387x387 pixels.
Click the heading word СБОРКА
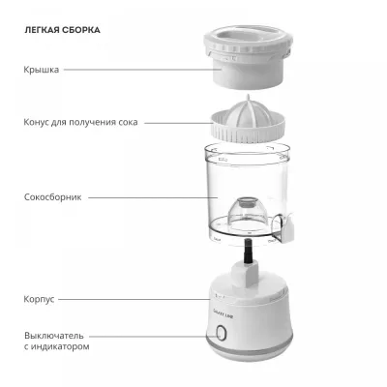point(79,30)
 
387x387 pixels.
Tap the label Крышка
point(42,70)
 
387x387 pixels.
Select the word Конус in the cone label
point(36,122)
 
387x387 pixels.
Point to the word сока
point(128,123)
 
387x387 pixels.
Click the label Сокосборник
point(53,197)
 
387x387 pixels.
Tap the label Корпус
point(39,299)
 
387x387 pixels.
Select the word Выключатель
point(54,336)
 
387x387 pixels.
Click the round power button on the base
point(221,333)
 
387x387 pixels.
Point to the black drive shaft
point(248,251)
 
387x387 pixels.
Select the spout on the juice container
point(285,228)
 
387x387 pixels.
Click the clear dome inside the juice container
point(248,212)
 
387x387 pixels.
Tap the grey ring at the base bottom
point(250,345)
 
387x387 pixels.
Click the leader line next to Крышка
point(142,70)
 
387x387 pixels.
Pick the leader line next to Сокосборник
point(153,197)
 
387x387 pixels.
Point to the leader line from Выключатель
point(154,337)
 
